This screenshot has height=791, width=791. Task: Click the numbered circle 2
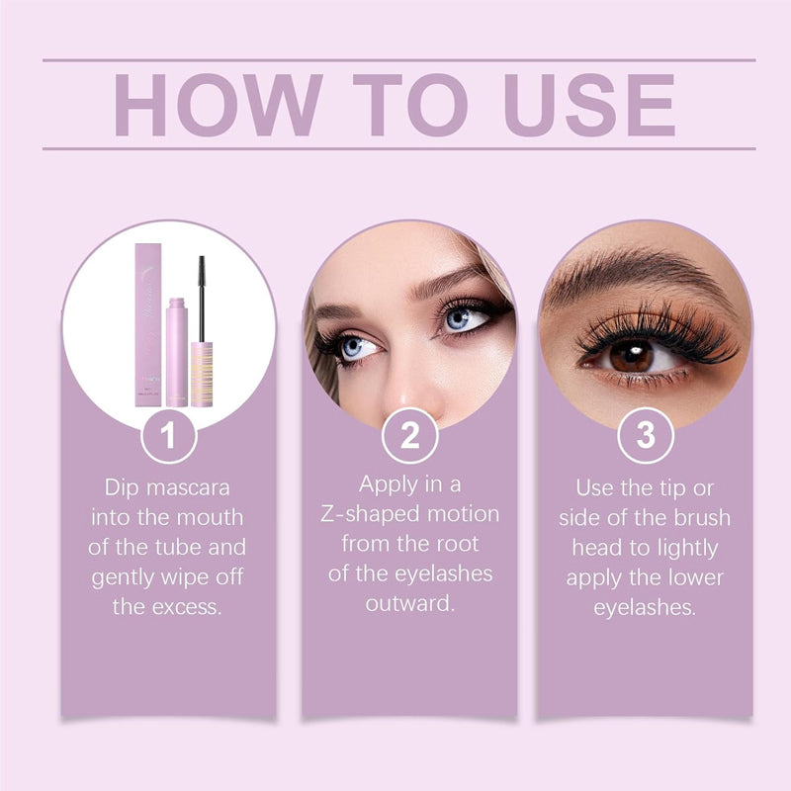point(409,436)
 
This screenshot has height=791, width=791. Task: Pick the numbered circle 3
point(646,436)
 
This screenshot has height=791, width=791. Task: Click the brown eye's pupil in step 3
point(628,354)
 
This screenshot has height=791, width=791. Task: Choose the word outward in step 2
point(409,603)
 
